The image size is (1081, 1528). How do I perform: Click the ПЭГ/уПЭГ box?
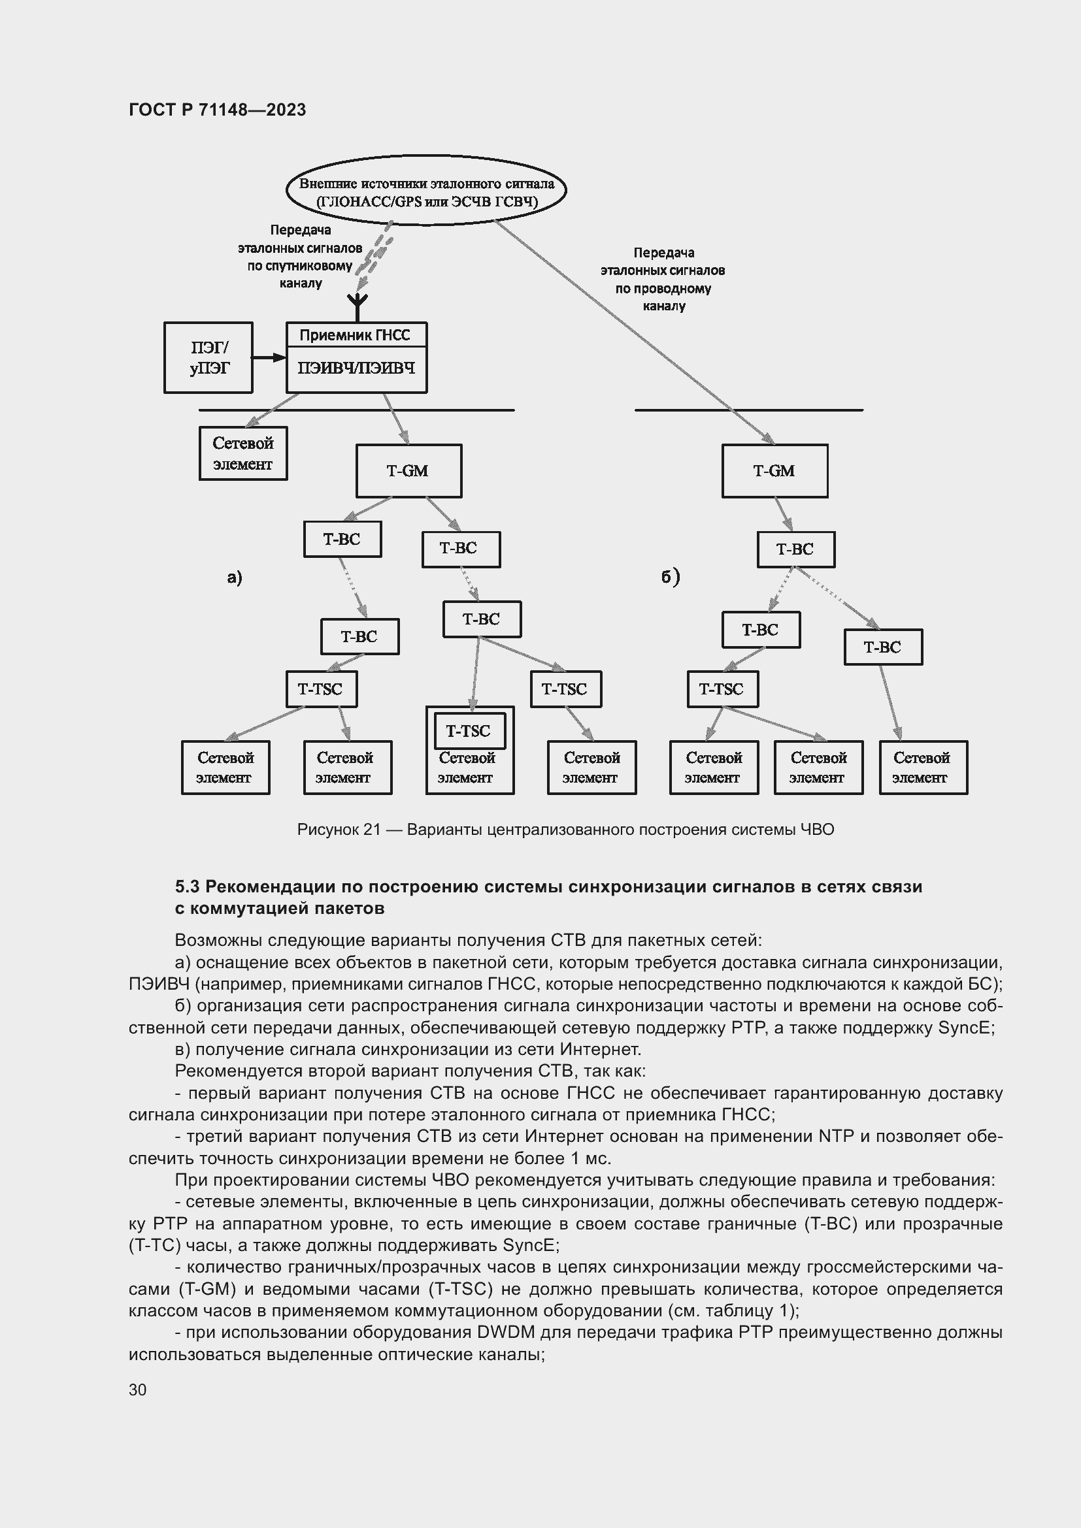click(x=208, y=358)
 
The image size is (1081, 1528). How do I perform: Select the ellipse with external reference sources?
click(x=426, y=191)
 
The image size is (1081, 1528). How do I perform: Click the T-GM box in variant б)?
click(x=775, y=471)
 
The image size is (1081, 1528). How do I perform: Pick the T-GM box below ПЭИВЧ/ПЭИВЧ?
click(x=408, y=471)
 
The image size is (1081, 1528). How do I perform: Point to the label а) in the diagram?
click(x=235, y=577)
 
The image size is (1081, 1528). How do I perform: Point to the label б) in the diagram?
click(x=671, y=576)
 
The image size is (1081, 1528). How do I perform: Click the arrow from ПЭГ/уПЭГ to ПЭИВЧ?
click(x=269, y=358)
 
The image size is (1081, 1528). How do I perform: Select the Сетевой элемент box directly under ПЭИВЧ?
click(x=243, y=453)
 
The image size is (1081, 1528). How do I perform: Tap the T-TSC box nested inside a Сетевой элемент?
click(x=469, y=731)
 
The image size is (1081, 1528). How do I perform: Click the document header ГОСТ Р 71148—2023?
click(x=217, y=110)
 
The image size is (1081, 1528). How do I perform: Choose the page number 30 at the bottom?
click(x=138, y=1390)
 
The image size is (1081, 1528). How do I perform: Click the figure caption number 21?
click(x=371, y=830)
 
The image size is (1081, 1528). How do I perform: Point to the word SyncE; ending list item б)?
click(x=966, y=1028)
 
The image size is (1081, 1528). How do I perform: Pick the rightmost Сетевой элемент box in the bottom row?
click(x=923, y=768)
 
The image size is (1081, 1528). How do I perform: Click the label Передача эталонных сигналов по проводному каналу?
click(x=663, y=280)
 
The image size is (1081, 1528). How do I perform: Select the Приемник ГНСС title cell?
click(x=356, y=334)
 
